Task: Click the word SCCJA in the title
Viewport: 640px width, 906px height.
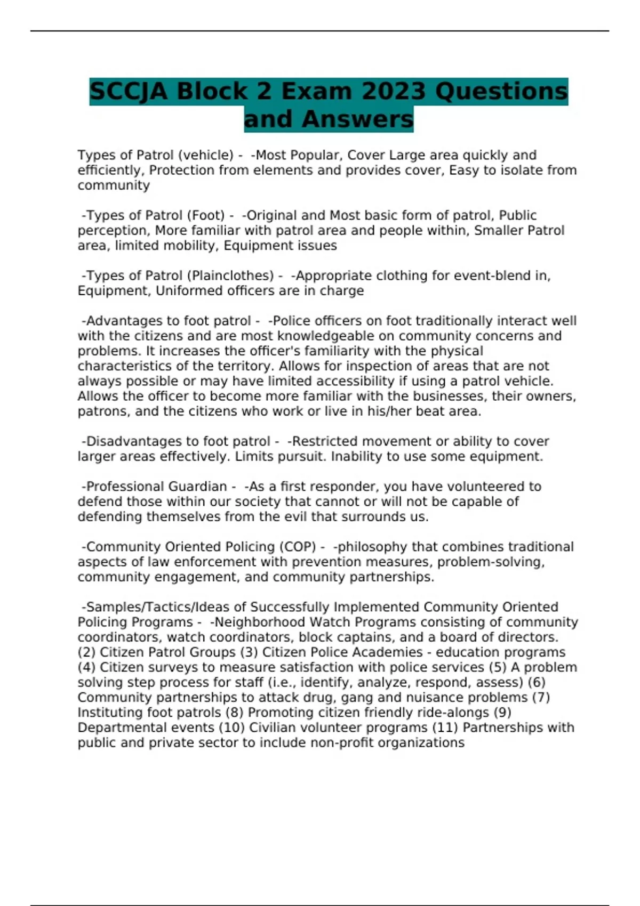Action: [129, 91]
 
